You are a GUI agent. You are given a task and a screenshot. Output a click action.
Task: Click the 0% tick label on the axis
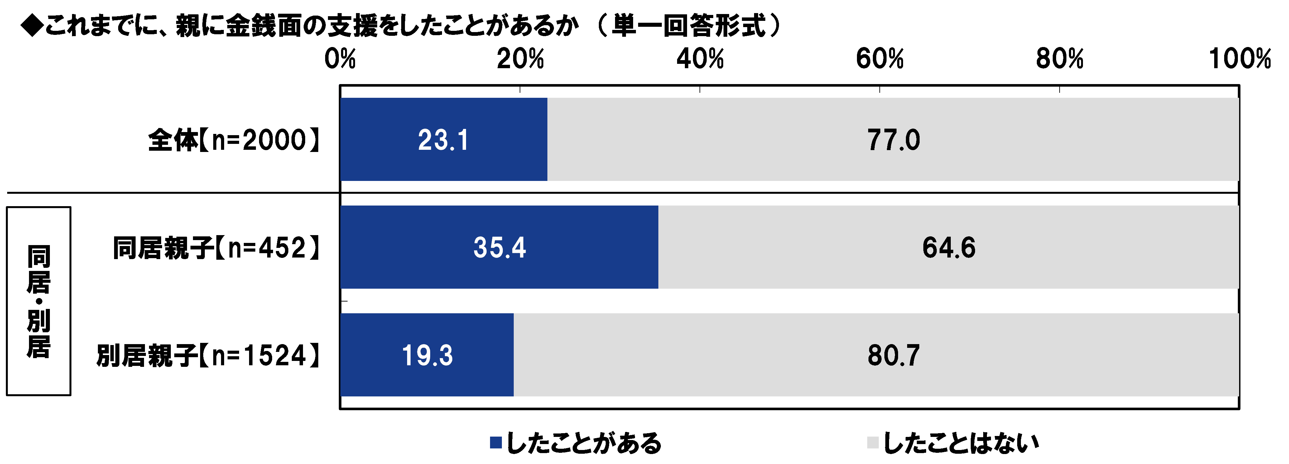tap(340, 59)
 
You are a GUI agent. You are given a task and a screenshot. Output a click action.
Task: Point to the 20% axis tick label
tap(520, 59)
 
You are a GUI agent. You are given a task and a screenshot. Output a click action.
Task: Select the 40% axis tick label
tap(700, 59)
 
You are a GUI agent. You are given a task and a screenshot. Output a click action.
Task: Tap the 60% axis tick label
tap(880, 59)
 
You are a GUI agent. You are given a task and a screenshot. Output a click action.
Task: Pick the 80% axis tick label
tap(1059, 59)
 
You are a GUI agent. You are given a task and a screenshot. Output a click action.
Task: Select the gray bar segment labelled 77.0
tap(893, 140)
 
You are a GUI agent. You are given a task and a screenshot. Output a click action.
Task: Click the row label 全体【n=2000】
tap(234, 140)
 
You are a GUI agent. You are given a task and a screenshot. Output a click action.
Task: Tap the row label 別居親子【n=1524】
tap(208, 356)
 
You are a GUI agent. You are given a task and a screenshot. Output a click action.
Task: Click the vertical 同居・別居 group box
tap(39, 301)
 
